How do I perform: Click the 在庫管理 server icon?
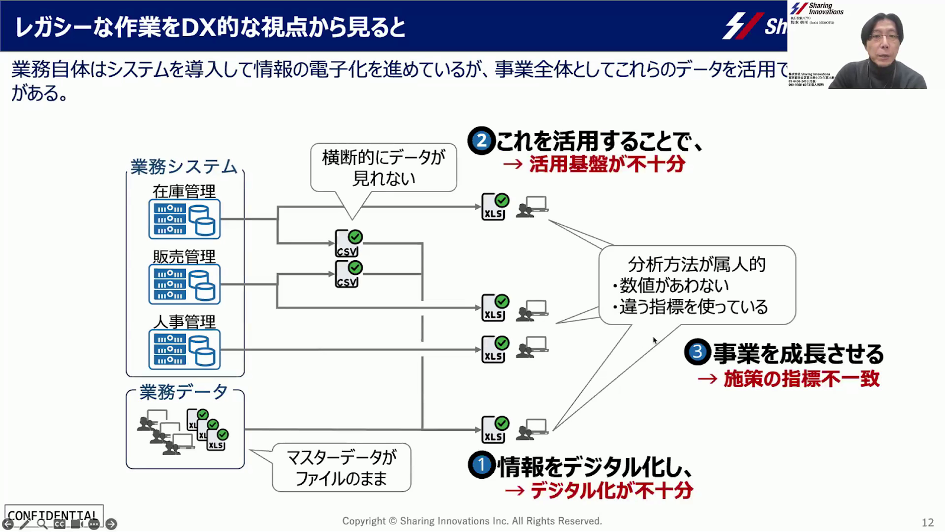pos(184,219)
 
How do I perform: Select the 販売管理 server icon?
pos(184,284)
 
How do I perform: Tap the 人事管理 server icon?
pos(184,349)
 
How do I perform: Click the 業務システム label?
pos(184,167)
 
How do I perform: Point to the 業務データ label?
pos(184,392)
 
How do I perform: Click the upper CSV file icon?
pos(348,244)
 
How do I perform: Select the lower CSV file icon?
pos(348,274)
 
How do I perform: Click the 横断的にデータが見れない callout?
pos(383,168)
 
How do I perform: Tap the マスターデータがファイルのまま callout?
pos(341,468)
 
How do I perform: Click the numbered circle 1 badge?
pos(481,465)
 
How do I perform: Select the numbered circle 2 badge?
pos(481,141)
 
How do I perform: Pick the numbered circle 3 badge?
pos(697,352)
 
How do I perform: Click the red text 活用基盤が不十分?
pos(607,164)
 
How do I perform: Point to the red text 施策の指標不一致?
pos(801,379)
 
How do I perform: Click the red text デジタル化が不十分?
pos(611,491)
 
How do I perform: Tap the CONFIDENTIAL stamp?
pos(53,515)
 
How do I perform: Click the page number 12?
pos(927,523)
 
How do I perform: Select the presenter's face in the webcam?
pos(882,42)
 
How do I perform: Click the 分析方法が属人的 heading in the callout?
pos(696,264)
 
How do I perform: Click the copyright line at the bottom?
pos(472,521)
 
